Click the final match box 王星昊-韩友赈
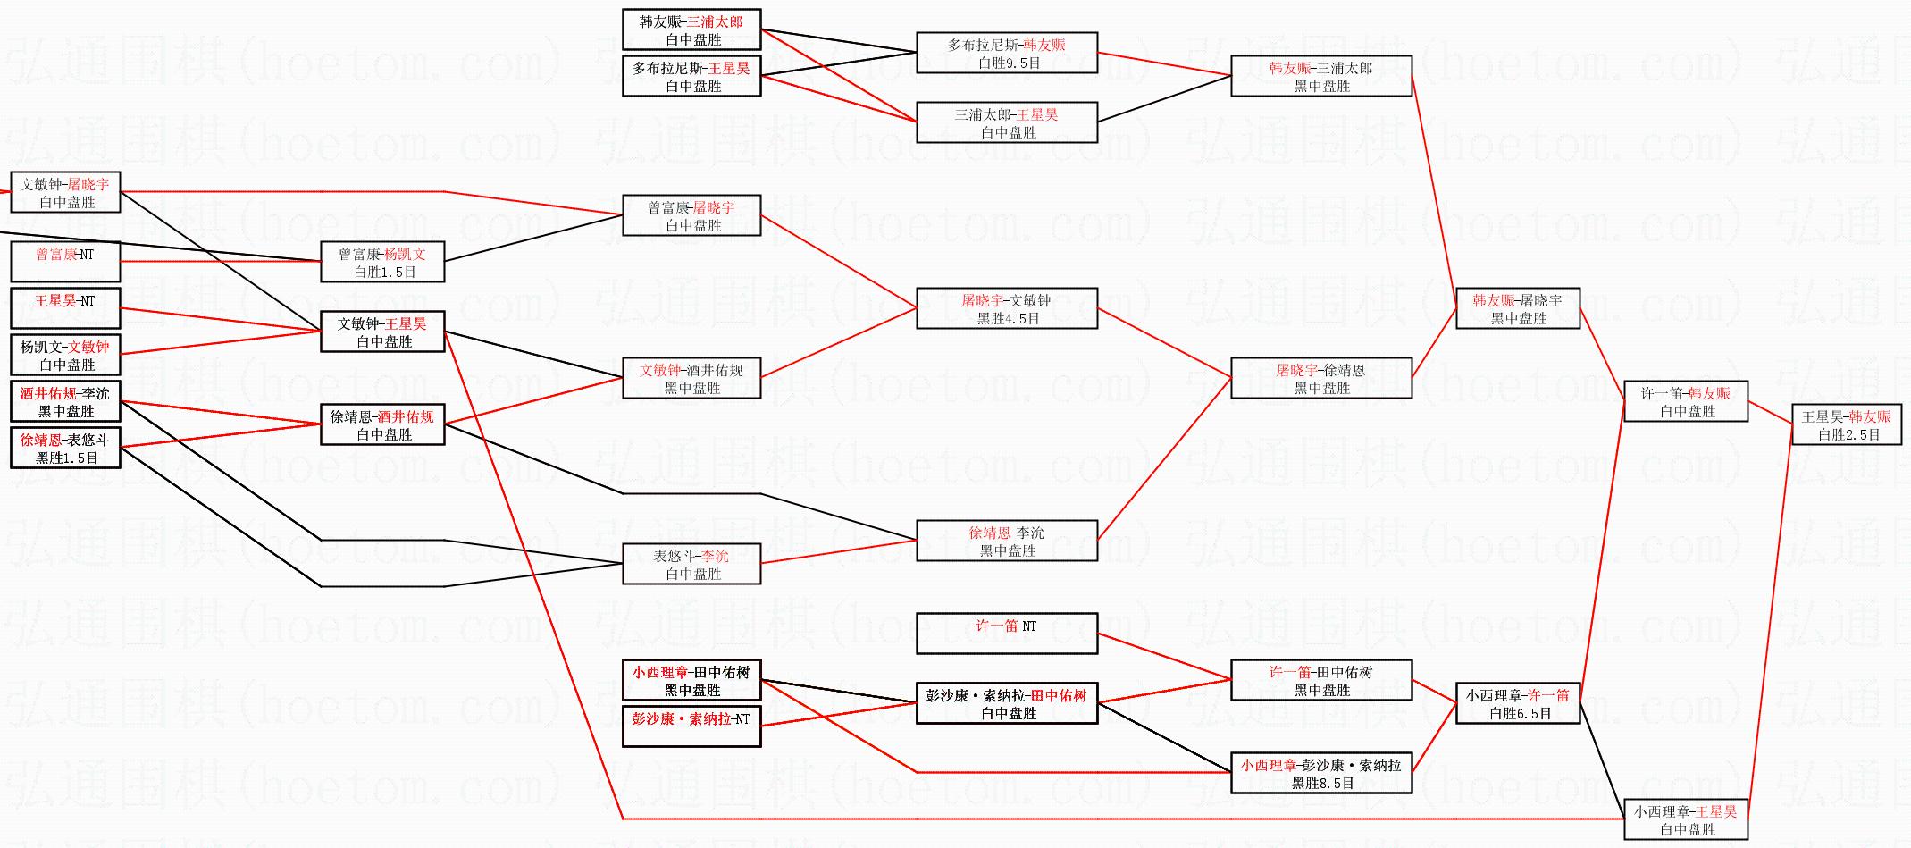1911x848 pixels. pos(1846,424)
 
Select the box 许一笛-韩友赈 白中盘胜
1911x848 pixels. pos(1686,402)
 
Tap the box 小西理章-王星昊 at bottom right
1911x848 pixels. pos(1686,819)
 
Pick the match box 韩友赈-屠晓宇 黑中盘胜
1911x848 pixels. pos(1517,309)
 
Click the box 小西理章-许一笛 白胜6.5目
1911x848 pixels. pos(1517,704)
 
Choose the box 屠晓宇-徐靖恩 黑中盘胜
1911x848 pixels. pos(1320,379)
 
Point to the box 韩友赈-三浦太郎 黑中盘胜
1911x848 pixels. pos(1320,77)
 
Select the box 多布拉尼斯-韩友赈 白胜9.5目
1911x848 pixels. pos(1007,54)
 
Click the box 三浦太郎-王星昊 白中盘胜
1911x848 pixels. pos(1007,123)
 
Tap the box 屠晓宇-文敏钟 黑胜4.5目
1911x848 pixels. pos(1007,309)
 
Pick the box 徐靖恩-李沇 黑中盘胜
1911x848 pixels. pos(1007,542)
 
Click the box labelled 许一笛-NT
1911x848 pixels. pos(1007,634)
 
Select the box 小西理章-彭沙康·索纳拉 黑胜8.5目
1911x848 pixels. pos(1320,773)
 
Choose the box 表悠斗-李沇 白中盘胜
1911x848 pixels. pos(691,565)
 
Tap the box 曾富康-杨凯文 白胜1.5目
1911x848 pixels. pos(382,263)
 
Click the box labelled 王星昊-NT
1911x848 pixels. pos(65,308)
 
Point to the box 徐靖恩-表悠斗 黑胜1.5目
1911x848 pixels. pos(65,449)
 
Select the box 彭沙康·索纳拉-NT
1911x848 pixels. pos(691,726)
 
